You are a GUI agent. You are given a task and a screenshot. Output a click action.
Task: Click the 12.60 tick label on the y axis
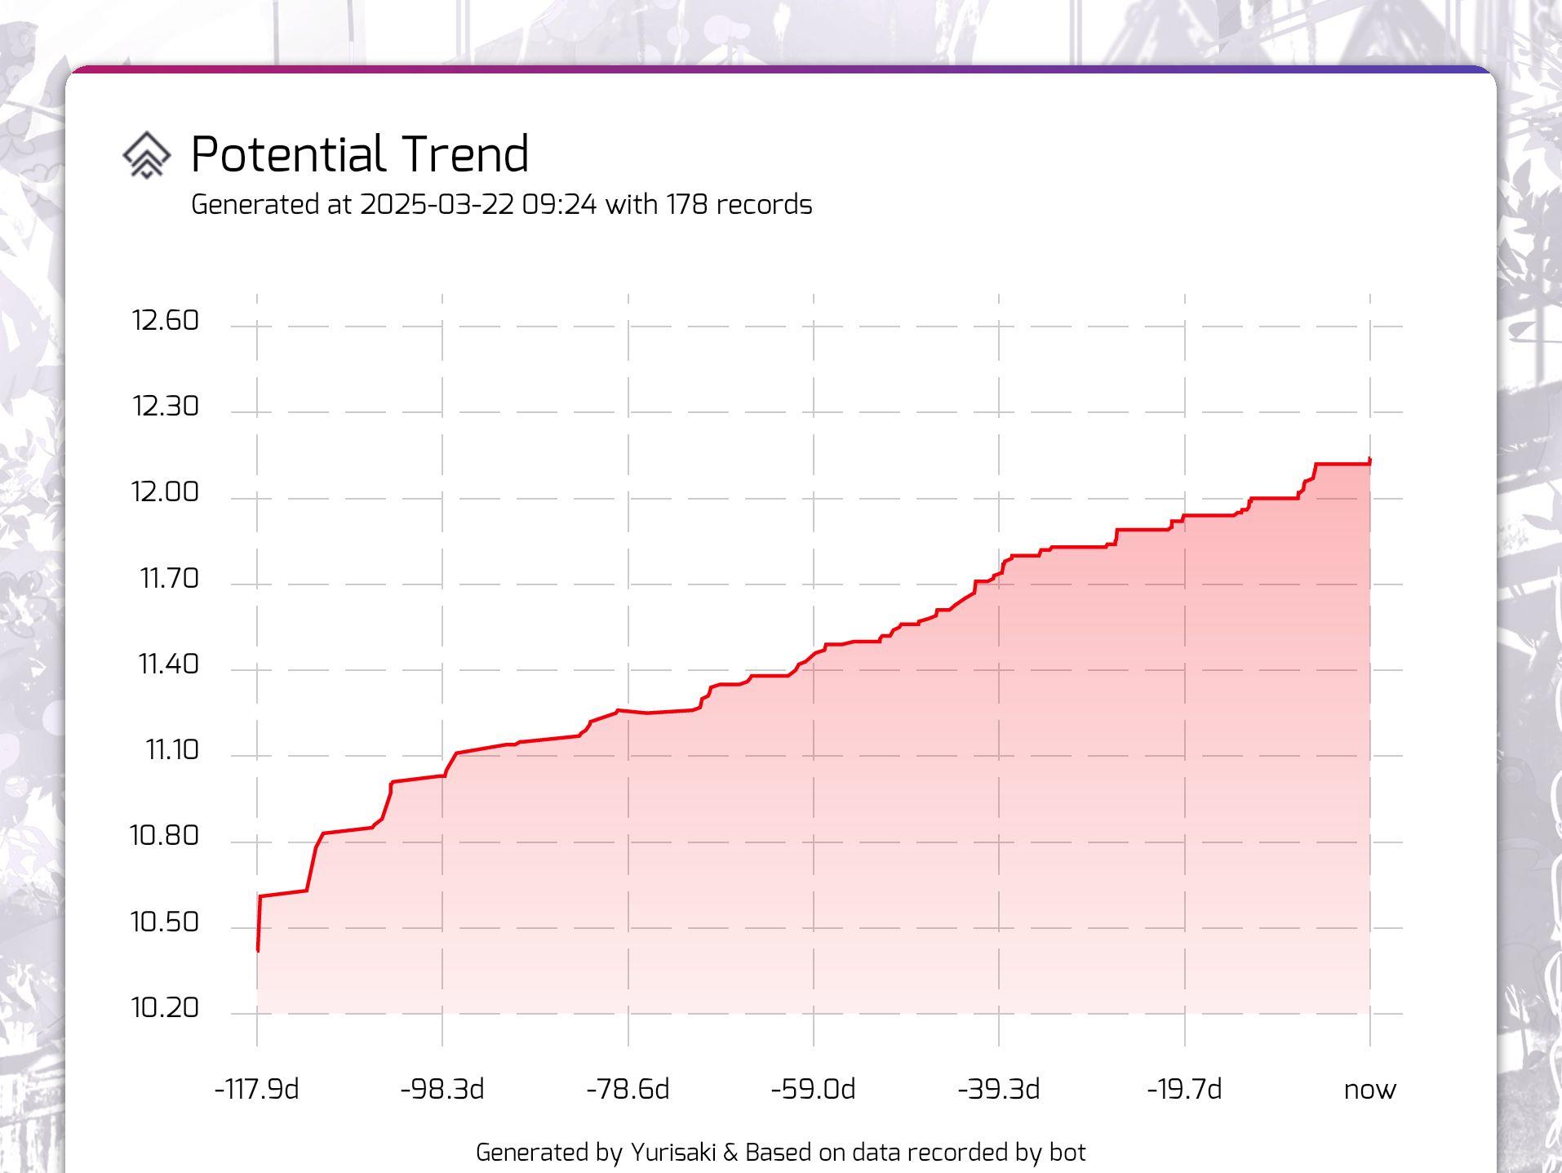coord(165,321)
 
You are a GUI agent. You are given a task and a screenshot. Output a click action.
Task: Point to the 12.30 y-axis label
coord(165,407)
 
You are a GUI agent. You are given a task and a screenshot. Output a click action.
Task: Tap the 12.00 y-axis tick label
coord(165,492)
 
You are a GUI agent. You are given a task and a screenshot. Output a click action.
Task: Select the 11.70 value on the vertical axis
coord(169,579)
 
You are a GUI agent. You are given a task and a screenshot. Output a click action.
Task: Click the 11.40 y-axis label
coord(168,664)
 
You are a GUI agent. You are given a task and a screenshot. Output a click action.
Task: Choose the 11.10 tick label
coord(171,750)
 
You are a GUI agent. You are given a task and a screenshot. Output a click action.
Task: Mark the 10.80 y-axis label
coord(164,836)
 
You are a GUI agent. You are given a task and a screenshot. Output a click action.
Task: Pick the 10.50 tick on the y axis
coord(164,922)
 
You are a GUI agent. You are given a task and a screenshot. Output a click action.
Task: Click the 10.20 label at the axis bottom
coord(165,1008)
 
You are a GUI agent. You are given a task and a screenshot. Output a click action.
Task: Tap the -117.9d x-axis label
coord(256,1090)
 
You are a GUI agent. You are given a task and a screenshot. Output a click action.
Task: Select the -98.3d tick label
coord(442,1090)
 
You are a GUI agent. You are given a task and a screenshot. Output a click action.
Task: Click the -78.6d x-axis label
coord(628,1090)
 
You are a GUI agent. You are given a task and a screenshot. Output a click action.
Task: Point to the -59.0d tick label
coord(813,1090)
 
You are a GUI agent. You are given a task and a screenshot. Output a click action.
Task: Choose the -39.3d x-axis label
coord(998,1090)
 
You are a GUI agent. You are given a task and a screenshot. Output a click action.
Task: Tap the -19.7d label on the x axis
coord(1184,1090)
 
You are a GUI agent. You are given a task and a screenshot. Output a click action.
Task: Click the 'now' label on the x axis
coord(1369,1090)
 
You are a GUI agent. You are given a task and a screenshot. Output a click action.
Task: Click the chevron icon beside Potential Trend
coord(147,155)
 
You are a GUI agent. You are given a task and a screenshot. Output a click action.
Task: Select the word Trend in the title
coord(466,154)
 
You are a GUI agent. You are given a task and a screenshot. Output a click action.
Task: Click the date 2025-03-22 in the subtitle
coord(437,204)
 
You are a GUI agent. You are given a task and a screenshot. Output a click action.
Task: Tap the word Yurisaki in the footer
coord(673,1153)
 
